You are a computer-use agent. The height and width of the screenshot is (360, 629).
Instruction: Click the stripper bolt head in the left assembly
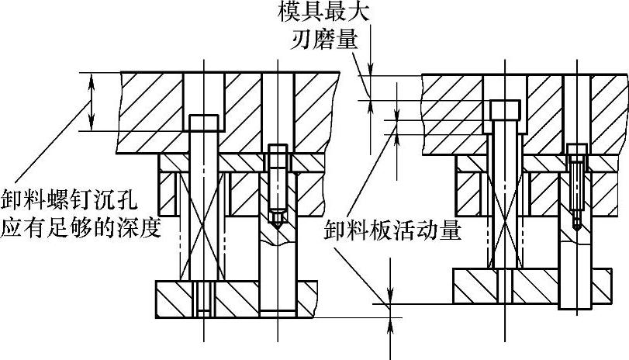(x=204, y=123)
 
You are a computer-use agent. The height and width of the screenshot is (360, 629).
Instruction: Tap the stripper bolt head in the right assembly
(x=504, y=111)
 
